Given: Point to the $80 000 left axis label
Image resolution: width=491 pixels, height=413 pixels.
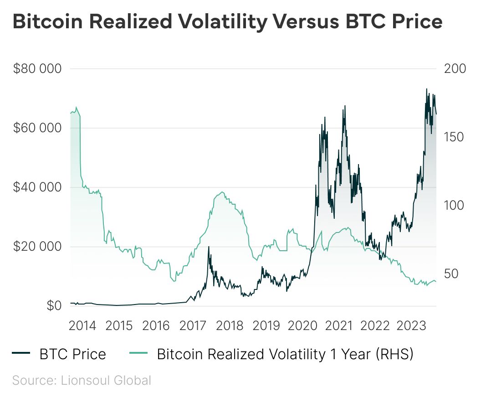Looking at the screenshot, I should (37, 69).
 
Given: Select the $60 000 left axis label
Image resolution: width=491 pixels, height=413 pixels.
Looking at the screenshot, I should (37, 128).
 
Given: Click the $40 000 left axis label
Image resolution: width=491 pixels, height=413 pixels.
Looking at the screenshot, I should (37, 187).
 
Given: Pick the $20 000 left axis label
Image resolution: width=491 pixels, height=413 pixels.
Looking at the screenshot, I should (37, 247).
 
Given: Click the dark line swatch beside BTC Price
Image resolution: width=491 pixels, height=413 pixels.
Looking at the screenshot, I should (21, 354).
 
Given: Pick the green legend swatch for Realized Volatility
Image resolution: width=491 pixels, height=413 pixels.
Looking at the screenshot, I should (138, 354).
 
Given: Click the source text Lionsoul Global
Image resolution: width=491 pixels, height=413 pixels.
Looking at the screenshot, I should (106, 380).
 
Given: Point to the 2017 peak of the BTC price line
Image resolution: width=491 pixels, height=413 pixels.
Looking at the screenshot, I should (209, 247).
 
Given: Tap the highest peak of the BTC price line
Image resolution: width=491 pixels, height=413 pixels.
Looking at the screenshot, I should (426, 89).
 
